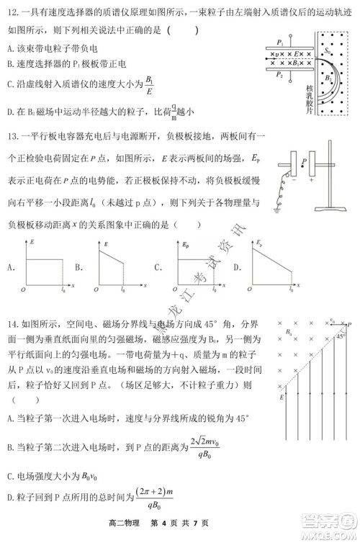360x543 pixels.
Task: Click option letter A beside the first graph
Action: pos(10,267)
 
